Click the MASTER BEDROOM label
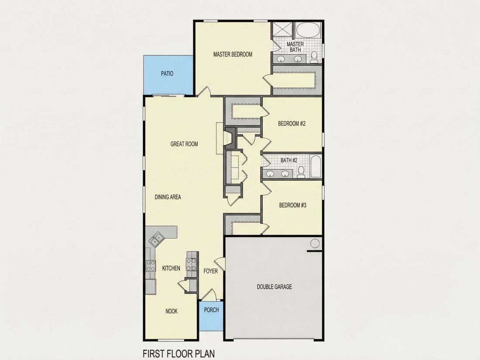click(x=233, y=55)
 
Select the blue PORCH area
click(x=211, y=316)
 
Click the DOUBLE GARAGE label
click(x=274, y=287)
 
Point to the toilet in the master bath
click(x=314, y=57)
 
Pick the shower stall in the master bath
click(x=283, y=30)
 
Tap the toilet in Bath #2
click(x=301, y=172)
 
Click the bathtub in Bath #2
click(x=315, y=166)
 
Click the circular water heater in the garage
click(x=315, y=243)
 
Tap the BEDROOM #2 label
click(x=292, y=123)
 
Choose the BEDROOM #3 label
click(x=293, y=205)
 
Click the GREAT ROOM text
click(x=184, y=144)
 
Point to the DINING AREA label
click(x=168, y=197)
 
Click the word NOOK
click(x=171, y=311)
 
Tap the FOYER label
click(x=211, y=271)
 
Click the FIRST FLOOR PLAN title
click(x=179, y=353)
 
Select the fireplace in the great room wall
click(x=228, y=138)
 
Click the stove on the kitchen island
click(x=191, y=264)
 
